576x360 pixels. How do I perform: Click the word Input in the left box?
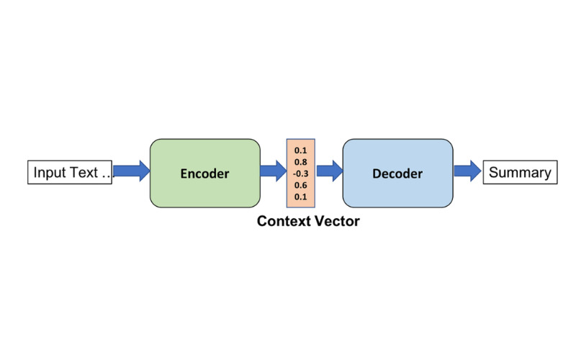click(50, 173)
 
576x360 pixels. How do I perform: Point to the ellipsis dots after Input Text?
click(106, 175)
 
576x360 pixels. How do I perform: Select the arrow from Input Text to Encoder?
click(131, 171)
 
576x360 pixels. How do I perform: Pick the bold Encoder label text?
click(204, 174)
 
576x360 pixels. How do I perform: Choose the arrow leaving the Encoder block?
click(273, 171)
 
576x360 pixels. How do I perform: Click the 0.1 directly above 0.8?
click(301, 150)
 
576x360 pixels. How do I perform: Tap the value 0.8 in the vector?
click(301, 162)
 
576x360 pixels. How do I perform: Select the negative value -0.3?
click(300, 174)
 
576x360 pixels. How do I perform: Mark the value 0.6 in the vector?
click(301, 185)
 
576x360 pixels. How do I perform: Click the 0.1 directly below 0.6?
click(301, 197)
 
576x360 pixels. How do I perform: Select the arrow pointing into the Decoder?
click(329, 171)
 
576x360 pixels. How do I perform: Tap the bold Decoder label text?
click(397, 174)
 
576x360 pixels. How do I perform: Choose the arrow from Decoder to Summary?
click(467, 171)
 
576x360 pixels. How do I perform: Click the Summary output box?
click(520, 173)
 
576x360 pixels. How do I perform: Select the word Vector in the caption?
click(336, 221)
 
